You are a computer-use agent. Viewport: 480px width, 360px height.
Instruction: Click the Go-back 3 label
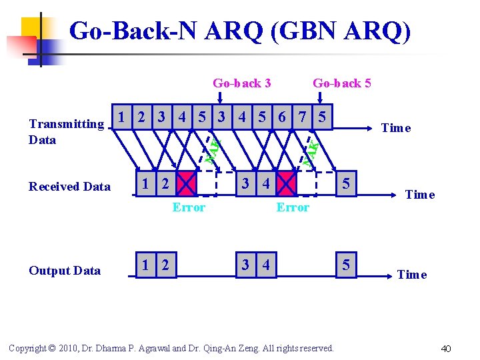[x=241, y=83]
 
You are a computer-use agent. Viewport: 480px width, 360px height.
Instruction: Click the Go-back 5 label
[x=341, y=83]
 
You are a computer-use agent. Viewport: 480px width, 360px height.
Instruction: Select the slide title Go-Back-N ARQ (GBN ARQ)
[x=239, y=31]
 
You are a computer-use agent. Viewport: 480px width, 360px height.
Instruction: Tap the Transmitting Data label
[x=66, y=131]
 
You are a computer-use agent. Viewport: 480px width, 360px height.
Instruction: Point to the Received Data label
[x=69, y=187]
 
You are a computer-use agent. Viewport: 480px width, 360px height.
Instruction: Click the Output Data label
[x=65, y=271]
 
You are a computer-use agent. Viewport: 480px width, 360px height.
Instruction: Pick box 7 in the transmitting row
[x=303, y=117]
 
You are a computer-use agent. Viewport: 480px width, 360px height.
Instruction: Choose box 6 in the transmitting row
[x=283, y=117]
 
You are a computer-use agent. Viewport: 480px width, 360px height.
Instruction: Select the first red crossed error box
[x=187, y=182]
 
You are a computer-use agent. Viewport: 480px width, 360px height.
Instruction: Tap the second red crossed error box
[x=287, y=182]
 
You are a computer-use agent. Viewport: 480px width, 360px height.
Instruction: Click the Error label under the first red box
[x=189, y=207]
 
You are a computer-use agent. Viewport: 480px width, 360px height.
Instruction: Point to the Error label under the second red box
[x=293, y=207]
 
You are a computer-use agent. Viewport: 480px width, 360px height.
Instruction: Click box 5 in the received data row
[x=345, y=182]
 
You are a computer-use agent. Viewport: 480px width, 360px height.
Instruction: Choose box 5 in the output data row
[x=345, y=265]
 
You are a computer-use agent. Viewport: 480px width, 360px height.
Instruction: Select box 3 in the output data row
[x=246, y=265]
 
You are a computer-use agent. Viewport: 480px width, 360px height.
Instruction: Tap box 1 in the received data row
[x=145, y=182]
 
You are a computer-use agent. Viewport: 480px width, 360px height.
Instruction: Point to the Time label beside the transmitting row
[x=395, y=128]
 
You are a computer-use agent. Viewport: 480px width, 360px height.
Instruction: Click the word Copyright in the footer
[x=26, y=348]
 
